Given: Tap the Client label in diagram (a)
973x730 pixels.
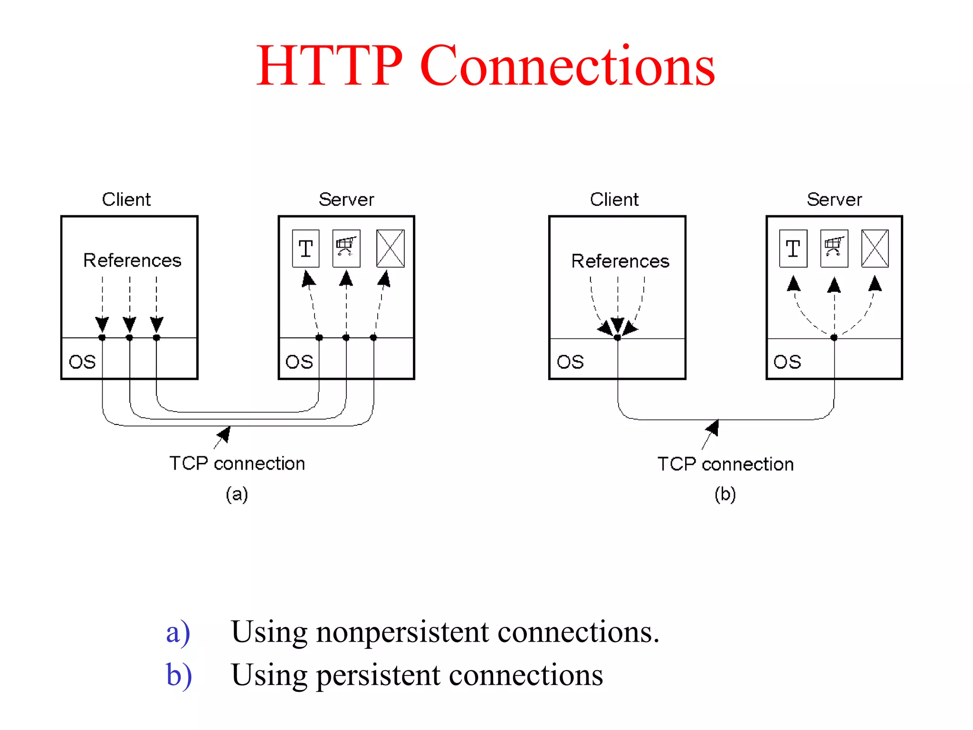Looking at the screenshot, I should [126, 200].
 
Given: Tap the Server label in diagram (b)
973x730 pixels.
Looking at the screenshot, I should [834, 200].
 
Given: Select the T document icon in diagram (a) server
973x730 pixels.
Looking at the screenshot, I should [305, 249].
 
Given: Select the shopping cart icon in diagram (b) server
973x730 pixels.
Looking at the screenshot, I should [834, 248].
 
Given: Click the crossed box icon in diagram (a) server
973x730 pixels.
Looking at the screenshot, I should [390, 249].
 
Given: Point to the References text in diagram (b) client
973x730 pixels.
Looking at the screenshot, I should [620, 261].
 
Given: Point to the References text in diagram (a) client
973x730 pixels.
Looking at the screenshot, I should [132, 260].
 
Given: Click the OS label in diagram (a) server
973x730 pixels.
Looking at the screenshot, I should [299, 362].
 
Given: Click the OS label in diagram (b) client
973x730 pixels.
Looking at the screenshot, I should [570, 362].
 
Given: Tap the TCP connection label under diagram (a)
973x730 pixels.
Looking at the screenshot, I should [237, 463].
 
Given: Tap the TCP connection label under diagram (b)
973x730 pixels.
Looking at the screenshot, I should [725, 464].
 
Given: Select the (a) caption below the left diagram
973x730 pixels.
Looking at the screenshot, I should [237, 494].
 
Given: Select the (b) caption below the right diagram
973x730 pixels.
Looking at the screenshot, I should [725, 494].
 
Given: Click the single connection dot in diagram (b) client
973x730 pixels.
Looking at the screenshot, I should [617, 338].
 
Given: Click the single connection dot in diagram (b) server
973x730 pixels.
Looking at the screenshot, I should [834, 337].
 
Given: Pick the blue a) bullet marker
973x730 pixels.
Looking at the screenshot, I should [178, 633].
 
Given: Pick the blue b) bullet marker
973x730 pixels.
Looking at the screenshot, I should [179, 675].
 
